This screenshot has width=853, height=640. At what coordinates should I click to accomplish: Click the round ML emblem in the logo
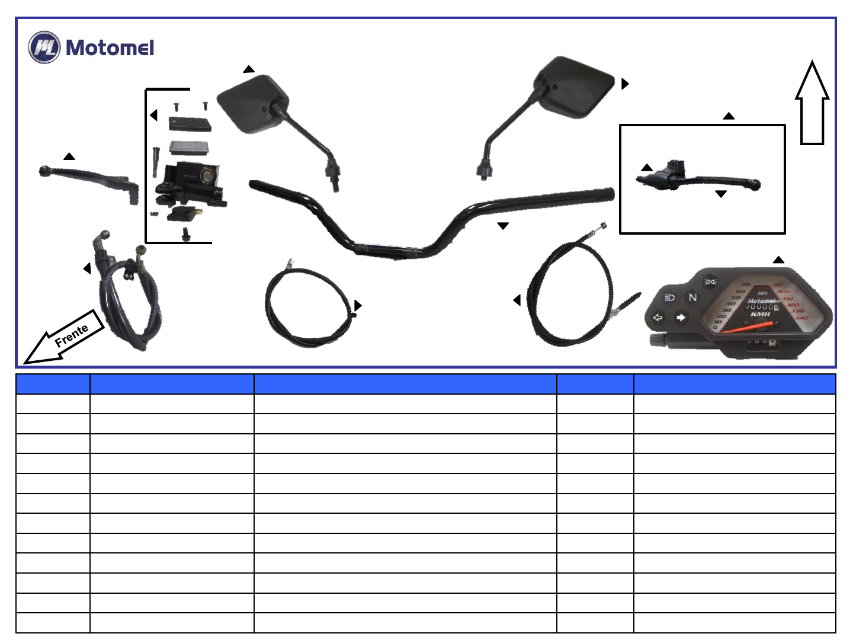(x=44, y=47)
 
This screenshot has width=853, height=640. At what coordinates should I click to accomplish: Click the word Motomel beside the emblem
(x=110, y=47)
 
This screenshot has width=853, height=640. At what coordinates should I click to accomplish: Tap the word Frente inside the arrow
(x=72, y=335)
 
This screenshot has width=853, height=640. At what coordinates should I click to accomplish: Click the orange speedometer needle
(x=748, y=327)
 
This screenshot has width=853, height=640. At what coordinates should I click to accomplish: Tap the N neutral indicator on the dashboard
(x=692, y=297)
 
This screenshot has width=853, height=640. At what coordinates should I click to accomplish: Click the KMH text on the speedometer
(x=760, y=315)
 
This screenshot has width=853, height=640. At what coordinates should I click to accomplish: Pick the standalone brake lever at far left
(x=89, y=180)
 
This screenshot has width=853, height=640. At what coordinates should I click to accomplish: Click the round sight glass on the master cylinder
(x=207, y=175)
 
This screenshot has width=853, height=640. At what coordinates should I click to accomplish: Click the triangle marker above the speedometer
(x=778, y=260)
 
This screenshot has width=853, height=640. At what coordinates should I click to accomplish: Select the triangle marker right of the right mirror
(x=624, y=84)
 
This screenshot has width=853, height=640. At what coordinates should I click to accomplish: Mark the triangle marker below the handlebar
(x=503, y=226)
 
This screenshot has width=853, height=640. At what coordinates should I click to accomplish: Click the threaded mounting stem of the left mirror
(x=335, y=180)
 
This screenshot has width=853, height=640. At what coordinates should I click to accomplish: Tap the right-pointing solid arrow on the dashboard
(x=681, y=318)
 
